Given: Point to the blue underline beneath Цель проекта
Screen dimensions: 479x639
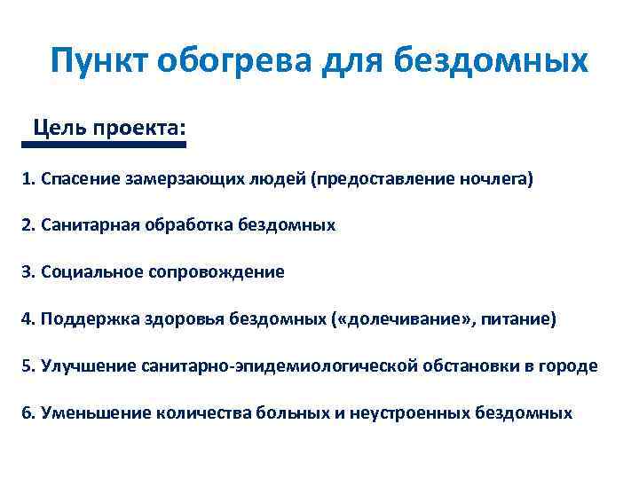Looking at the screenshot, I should pos(106,144).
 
